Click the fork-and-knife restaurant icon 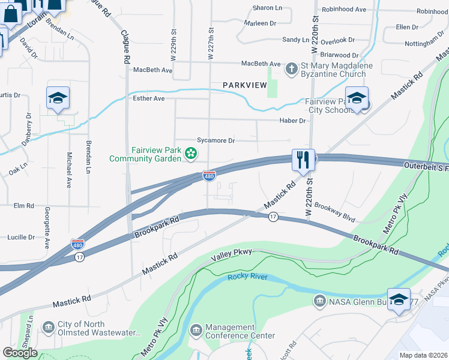click(303, 160)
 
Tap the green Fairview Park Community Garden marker click(191, 154)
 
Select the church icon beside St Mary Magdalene click(291, 69)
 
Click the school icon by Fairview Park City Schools click(357, 99)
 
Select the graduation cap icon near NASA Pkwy click(399, 300)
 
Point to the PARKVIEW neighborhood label click(244, 85)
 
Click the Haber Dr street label click(292, 121)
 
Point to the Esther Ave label click(149, 98)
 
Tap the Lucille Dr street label click(21, 238)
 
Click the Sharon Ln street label click(267, 8)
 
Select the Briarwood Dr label click(338, 55)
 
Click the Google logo click(20, 353)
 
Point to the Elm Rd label click(24, 206)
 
